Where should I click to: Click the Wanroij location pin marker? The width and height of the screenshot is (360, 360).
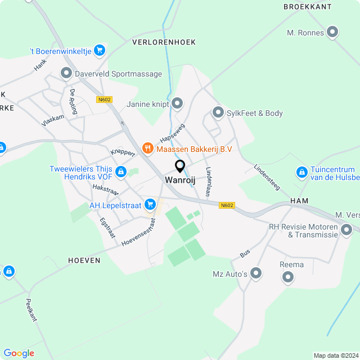point(180,166)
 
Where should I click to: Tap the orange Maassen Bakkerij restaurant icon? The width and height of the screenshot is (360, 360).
point(148,148)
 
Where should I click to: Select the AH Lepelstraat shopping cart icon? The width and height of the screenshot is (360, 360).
point(149,204)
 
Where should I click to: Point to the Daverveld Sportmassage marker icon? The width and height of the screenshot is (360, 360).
point(66,73)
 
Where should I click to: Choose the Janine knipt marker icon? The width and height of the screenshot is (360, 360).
point(178,103)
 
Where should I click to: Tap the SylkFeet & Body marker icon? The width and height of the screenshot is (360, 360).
point(218,113)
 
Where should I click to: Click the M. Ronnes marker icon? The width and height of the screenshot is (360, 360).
point(332,32)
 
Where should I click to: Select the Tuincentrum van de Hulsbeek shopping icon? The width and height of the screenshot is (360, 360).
point(301,171)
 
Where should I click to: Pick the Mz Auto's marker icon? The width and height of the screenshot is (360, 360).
point(256,273)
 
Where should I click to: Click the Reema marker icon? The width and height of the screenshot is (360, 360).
point(289,276)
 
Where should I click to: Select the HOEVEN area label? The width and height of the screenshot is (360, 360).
point(84,260)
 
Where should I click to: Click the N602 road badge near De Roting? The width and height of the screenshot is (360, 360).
point(104,100)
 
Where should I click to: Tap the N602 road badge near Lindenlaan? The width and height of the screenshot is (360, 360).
point(227,205)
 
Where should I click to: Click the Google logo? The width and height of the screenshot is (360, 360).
point(19,353)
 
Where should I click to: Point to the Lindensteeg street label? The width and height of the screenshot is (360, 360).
point(267,178)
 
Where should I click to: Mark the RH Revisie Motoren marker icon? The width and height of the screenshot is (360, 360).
point(346,229)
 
